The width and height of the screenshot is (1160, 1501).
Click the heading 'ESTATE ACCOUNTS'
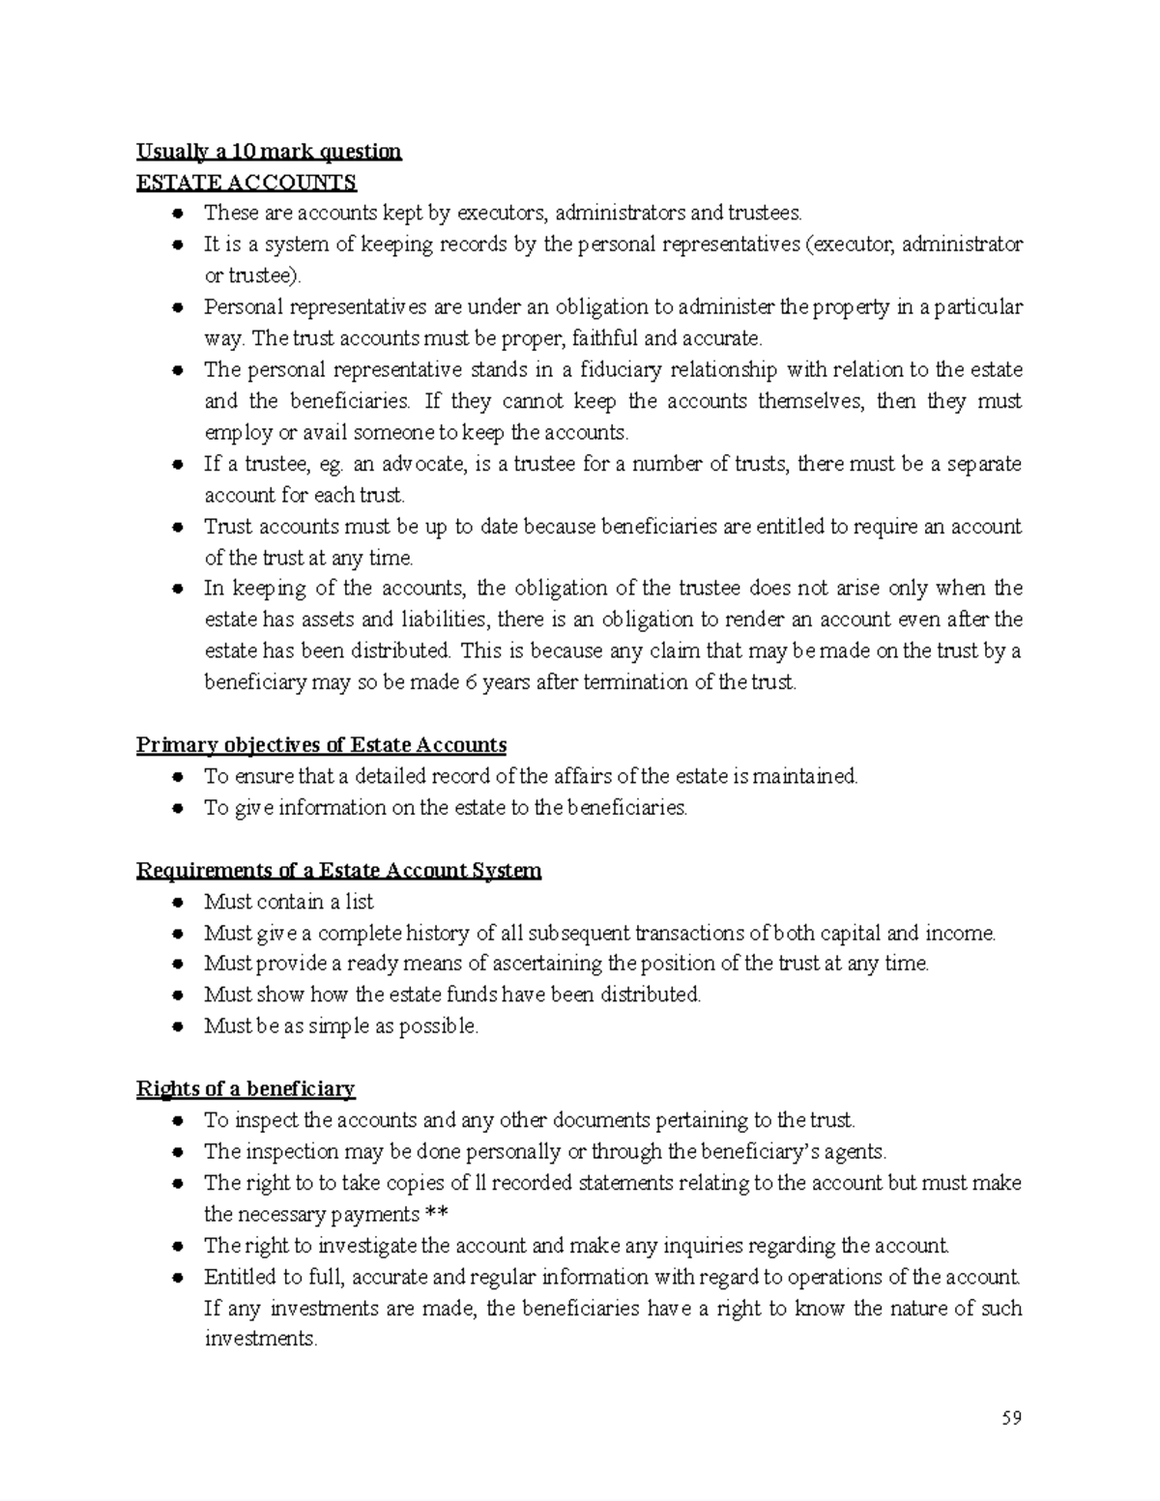pyautogui.click(x=246, y=183)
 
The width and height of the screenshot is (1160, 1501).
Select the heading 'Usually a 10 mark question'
pyautogui.click(x=269, y=152)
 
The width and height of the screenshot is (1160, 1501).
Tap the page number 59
pyautogui.click(x=1011, y=1418)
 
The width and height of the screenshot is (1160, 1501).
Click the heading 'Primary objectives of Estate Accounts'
pyautogui.click(x=321, y=745)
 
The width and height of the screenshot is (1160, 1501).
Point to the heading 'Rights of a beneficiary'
pyautogui.click(x=246, y=1089)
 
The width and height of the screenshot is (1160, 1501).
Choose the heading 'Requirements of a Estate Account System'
pyautogui.click(x=338, y=871)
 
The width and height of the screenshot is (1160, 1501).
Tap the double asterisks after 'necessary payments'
pyautogui.click(x=437, y=1215)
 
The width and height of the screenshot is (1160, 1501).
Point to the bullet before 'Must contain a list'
pyautogui.click(x=177, y=903)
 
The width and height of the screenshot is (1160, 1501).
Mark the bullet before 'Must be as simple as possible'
pyautogui.click(x=177, y=1027)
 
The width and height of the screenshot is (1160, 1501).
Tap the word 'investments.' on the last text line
pyautogui.click(x=260, y=1340)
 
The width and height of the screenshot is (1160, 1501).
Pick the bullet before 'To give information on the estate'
pyautogui.click(x=177, y=809)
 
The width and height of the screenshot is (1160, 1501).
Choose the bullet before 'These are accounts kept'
pyautogui.click(x=177, y=214)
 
